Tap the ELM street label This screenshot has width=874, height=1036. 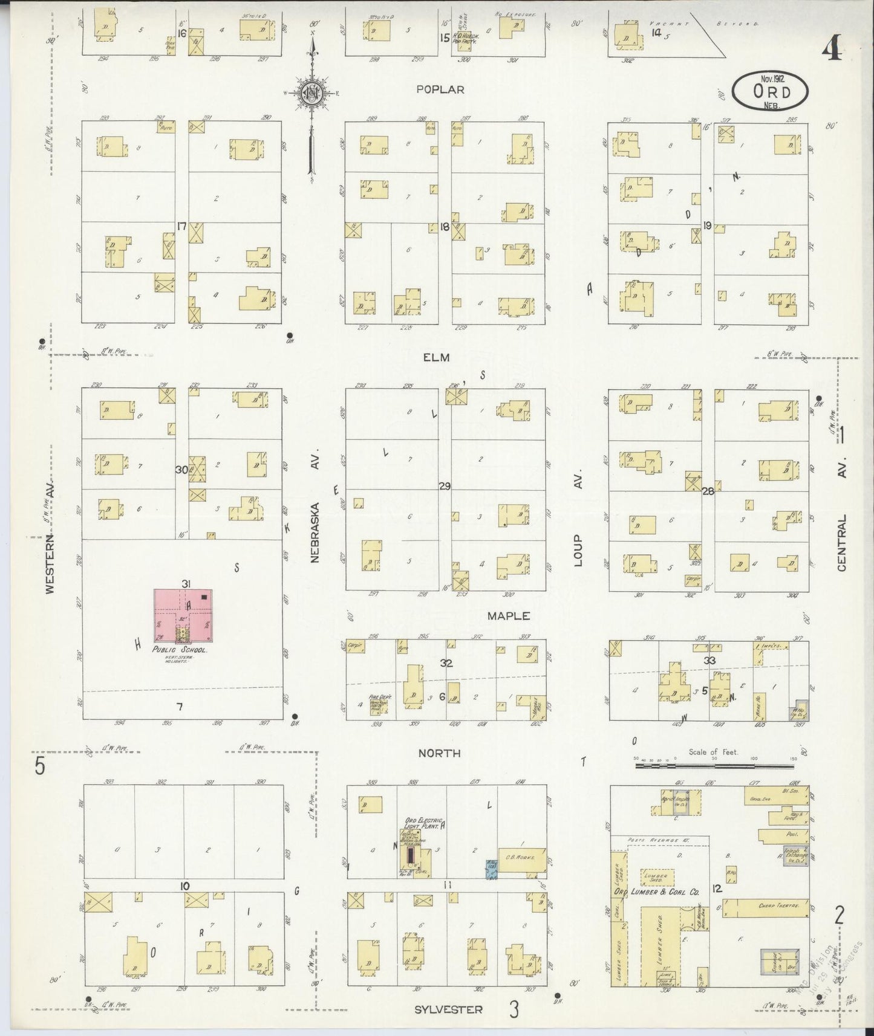pyautogui.click(x=436, y=357)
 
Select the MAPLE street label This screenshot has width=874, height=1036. pyautogui.click(x=509, y=616)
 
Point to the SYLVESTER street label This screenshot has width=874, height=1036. pyautogui.click(x=449, y=1009)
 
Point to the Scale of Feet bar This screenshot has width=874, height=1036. pyautogui.click(x=714, y=765)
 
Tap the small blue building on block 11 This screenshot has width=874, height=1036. pyautogui.click(x=492, y=869)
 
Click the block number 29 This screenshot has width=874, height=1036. pyautogui.click(x=445, y=486)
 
